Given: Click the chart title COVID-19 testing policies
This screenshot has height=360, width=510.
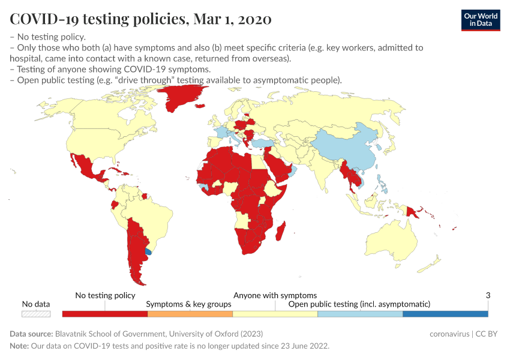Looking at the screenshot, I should coord(140,19).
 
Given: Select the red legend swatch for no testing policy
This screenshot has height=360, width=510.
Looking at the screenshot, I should coord(105,314).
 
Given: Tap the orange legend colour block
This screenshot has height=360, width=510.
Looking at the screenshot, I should coord(190,314).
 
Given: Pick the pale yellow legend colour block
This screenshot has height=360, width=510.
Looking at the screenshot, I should coord(275,314).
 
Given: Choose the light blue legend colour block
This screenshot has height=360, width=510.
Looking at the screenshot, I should coord(359,314).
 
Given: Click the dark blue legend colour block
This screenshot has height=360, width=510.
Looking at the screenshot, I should coord(445,314).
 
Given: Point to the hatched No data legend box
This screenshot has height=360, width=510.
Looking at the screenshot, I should coord(36,314).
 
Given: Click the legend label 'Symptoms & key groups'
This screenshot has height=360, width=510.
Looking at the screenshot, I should coord(189,304).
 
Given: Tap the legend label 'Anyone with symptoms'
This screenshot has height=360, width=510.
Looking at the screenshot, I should coord(275,295).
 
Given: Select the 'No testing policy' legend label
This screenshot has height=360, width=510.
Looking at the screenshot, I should coord(105,295).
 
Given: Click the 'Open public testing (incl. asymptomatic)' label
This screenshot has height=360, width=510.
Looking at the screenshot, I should coord(359,304).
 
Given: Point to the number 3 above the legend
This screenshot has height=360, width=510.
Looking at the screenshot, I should coord(488,295).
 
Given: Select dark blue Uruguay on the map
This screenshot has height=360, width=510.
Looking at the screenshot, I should coord(149,253).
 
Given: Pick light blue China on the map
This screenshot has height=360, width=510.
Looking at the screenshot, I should coord(348,147).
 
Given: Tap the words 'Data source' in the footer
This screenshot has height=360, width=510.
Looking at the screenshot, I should coord(31,334).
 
